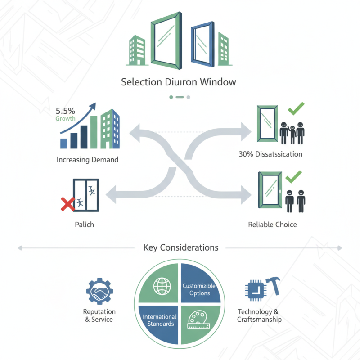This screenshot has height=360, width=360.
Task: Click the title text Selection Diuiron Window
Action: pos(179,82)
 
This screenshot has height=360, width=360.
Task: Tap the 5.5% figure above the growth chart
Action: pos(66,110)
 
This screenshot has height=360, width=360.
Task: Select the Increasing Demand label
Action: pos(88,160)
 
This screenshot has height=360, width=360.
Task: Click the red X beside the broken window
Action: pos(67,205)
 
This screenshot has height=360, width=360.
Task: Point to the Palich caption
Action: pos(85,224)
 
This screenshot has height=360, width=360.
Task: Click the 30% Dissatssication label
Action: pos(270,154)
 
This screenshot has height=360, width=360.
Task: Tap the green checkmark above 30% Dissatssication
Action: pos(296,109)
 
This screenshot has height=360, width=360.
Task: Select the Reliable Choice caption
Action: pos(272,224)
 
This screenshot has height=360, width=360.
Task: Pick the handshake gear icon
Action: pos(99,292)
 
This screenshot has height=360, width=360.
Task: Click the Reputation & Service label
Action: pos(99,315)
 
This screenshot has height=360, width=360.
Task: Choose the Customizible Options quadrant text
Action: pos(199,289)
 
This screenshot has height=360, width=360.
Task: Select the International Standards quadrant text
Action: pos(159,320)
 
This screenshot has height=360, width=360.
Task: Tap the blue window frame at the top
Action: pos(202,44)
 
